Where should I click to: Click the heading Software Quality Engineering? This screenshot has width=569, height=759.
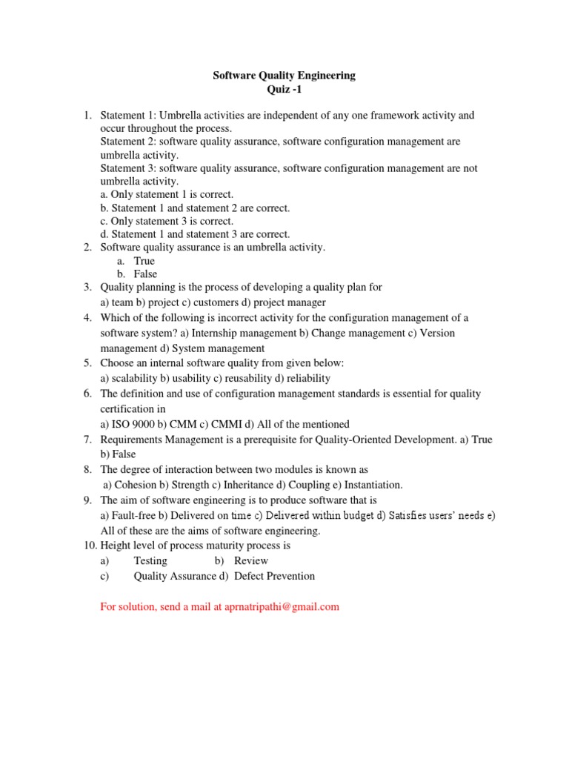(284, 76)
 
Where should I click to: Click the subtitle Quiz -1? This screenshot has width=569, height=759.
(284, 90)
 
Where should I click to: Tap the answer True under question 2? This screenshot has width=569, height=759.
(144, 261)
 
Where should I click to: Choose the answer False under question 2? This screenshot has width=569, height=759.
(145, 274)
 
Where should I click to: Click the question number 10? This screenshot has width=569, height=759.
(89, 546)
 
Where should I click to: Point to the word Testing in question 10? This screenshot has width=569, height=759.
(150, 561)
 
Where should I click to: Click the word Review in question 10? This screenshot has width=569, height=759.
(251, 561)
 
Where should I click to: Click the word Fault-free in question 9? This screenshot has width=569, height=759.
(134, 515)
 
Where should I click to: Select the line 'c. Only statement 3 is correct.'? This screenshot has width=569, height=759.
(167, 221)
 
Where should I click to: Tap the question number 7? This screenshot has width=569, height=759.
(87, 440)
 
